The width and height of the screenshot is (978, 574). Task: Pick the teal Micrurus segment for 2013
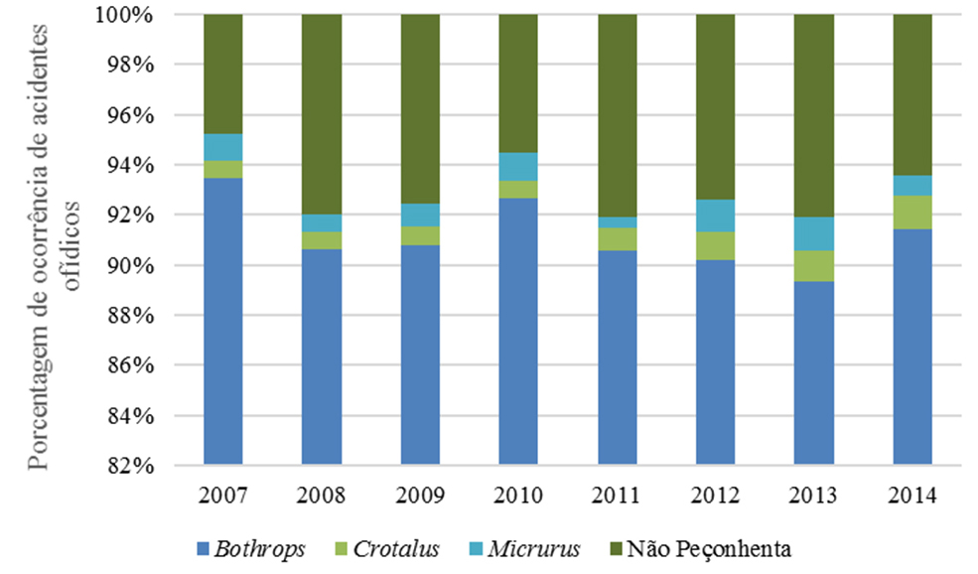[814, 234]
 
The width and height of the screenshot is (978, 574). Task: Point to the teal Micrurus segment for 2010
[518, 167]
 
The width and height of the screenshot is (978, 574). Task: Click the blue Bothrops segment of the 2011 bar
[617, 358]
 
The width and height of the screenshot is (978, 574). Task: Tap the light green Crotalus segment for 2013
[814, 266]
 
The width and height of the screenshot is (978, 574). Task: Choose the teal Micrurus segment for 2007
[222, 147]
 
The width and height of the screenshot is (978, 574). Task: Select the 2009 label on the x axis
[420, 495]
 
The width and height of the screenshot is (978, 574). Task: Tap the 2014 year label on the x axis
[912, 495]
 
